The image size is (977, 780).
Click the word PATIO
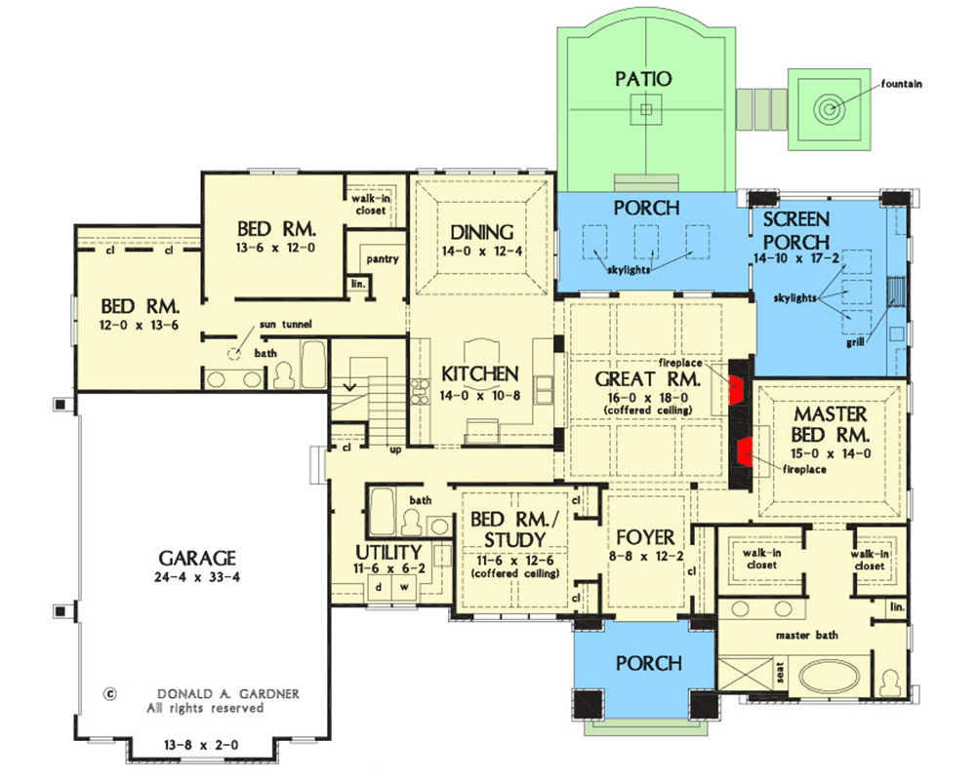coord(643,79)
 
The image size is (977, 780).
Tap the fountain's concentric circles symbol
coord(828,109)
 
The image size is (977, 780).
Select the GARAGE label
coord(197,558)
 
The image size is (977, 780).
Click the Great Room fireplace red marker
coord(737,390)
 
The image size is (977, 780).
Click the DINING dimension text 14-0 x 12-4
coord(481,252)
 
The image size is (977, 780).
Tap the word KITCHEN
coord(480,373)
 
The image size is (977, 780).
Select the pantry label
coord(382,259)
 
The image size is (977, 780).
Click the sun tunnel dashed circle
coord(233,354)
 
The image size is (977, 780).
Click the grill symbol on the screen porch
coord(895,292)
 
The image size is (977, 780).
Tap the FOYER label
coord(645,537)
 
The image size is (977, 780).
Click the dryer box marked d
coord(379,587)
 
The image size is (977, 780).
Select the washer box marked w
coord(404,587)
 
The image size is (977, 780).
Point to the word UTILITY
coord(388,552)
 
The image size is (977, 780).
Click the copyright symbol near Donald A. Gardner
coord(109,693)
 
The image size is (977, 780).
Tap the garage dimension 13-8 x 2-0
coord(201,745)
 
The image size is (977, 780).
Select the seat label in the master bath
coord(781,673)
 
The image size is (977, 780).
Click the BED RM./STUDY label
coord(514,529)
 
